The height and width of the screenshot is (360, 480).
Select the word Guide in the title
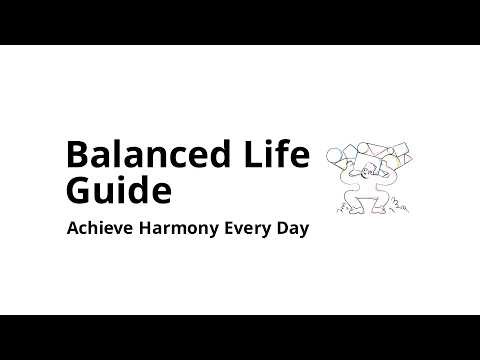118,190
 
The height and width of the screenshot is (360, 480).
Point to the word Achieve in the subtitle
98,228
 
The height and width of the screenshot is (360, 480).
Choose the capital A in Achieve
73,228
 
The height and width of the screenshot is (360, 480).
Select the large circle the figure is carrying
335,155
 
